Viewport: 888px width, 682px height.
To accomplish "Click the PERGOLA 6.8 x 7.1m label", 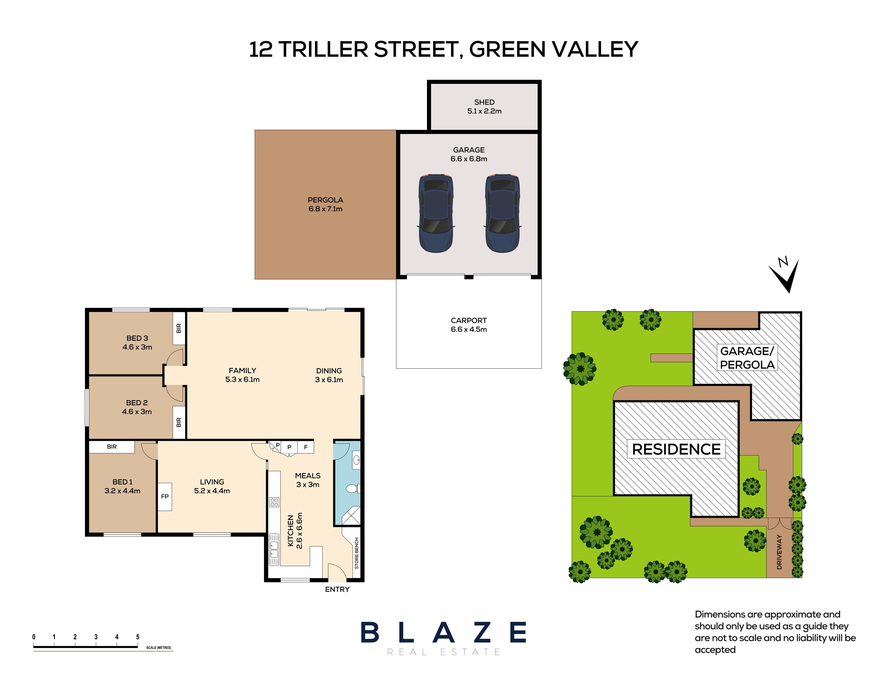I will [x=325, y=204].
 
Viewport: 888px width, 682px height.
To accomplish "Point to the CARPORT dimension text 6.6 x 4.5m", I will [x=469, y=329].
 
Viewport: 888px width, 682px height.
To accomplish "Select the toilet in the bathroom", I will [x=352, y=488].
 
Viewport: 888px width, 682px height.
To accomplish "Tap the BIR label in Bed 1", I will [x=112, y=446].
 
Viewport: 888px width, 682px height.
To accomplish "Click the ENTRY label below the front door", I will [x=337, y=589].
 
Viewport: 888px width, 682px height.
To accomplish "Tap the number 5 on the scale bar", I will [x=138, y=637].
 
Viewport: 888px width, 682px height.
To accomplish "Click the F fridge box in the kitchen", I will [x=306, y=447].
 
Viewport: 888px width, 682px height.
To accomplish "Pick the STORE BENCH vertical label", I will [x=356, y=553].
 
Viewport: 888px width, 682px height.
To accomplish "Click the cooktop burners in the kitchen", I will [x=274, y=502].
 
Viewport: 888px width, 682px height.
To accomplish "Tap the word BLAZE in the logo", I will [x=443, y=632].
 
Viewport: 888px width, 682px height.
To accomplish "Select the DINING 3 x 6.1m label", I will [x=329, y=375].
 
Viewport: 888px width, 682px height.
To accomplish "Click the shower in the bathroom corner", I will [x=350, y=516].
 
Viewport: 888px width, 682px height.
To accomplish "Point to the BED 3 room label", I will [x=137, y=338].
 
